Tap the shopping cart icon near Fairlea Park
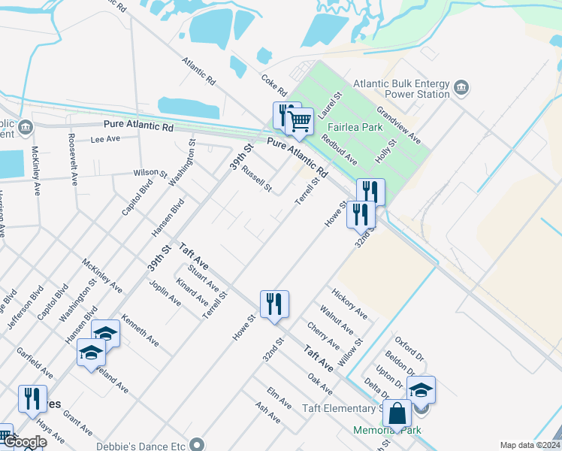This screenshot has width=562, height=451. click(x=299, y=121)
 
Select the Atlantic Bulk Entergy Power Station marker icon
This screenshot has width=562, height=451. click(x=461, y=89)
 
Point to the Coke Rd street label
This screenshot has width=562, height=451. click(x=274, y=83)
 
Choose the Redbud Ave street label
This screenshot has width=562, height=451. click(x=339, y=149)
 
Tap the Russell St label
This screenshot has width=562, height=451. click(x=256, y=178)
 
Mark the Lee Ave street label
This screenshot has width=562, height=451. click(x=105, y=139)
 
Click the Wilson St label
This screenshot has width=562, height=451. click(x=150, y=173)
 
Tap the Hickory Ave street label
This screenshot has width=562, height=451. click(x=349, y=302)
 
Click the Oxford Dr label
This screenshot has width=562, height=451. click(x=409, y=350)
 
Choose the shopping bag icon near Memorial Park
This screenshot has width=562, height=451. click(x=397, y=413)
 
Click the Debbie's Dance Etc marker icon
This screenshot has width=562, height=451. click(x=198, y=444)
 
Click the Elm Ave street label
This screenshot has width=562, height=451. click(x=279, y=398)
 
